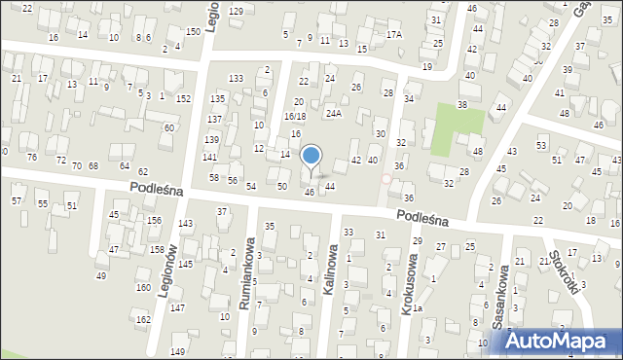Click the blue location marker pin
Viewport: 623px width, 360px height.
tap(311, 157)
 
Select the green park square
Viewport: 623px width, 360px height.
tap(458, 129)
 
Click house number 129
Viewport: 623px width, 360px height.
tap(236, 11)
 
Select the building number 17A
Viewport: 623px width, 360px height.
tap(393, 34)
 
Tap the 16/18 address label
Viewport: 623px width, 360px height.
tap(295, 116)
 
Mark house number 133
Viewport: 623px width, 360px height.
tap(236, 78)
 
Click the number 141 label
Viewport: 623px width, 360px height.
tap(209, 157)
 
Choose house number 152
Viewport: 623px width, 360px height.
tap(183, 99)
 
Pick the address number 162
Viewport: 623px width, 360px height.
tap(143, 319)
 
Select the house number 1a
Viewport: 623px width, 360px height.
tap(417, 308)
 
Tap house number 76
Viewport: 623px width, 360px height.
tap(32, 158)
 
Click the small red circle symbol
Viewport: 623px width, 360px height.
tap(386, 179)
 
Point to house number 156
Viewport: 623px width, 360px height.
tap(154, 221)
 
